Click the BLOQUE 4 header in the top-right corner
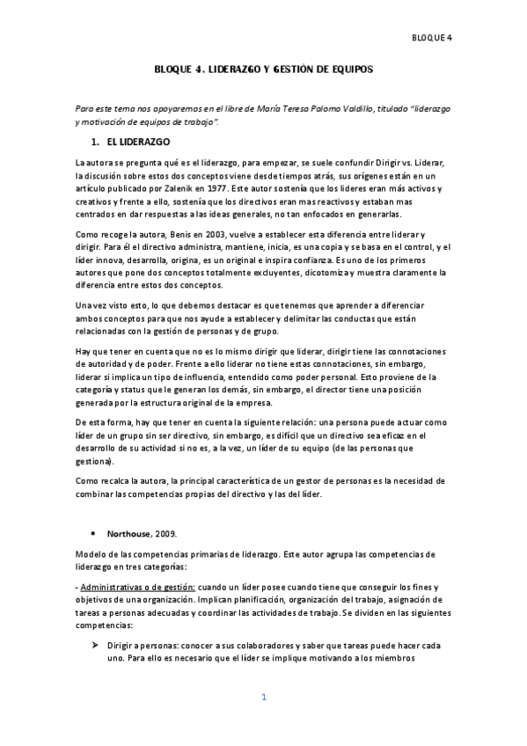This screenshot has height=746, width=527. click(x=431, y=37)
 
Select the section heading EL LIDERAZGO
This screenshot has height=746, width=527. click(x=138, y=142)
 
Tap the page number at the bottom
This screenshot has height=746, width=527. click(x=263, y=698)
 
